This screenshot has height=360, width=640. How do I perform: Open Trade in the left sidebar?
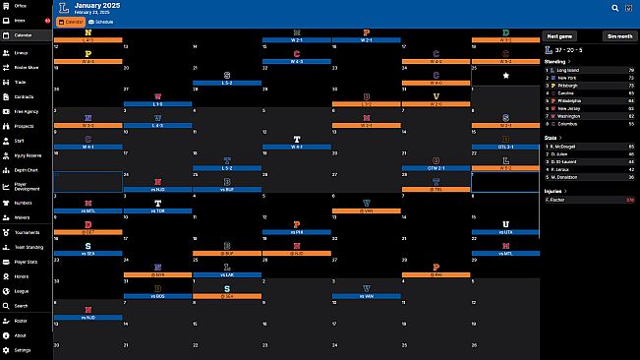[21, 83]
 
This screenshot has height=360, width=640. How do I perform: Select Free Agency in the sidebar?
[27, 112]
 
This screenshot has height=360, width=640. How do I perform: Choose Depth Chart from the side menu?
[26, 168]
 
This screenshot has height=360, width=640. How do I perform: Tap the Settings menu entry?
[22, 349]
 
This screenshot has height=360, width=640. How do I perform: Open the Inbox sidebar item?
[21, 20]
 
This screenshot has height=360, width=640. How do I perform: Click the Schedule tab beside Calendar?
[100, 21]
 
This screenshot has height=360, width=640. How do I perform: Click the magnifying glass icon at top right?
[615, 7]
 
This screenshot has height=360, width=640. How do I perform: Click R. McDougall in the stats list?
[569, 147]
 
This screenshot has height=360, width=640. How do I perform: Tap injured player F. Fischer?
[560, 200]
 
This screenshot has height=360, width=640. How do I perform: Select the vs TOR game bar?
[157, 210]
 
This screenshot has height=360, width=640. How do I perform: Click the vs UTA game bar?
[505, 232]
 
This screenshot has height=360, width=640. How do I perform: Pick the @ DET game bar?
[87, 232]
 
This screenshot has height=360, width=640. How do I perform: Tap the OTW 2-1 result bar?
[436, 167]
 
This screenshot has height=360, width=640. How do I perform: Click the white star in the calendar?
[505, 75]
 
